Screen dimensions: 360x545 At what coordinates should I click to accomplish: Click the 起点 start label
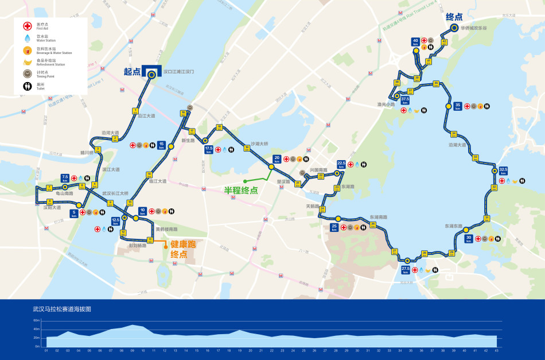(x=132, y=72)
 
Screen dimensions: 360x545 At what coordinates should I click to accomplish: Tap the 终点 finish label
(x=454, y=17)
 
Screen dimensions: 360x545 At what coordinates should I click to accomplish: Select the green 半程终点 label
(x=240, y=191)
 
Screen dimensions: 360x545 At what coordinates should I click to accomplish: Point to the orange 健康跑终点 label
(x=182, y=249)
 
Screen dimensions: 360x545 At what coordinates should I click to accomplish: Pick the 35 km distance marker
(x=457, y=106)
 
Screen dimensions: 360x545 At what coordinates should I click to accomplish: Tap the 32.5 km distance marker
(x=503, y=171)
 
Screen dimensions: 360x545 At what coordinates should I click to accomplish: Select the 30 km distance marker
(x=468, y=238)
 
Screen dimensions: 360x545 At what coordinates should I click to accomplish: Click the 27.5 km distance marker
(x=405, y=269)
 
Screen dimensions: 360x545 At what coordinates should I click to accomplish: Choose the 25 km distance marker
(x=334, y=227)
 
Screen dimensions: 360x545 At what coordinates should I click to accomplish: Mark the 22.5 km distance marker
(x=341, y=164)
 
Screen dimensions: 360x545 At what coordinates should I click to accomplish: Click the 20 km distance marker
(x=277, y=158)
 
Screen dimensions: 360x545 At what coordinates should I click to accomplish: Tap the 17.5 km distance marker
(x=209, y=150)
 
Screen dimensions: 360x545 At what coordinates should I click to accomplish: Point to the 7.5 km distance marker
(x=65, y=178)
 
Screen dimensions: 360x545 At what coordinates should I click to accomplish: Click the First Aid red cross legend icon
(x=26, y=26)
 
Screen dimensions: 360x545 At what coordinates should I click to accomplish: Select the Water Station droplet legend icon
(x=26, y=38)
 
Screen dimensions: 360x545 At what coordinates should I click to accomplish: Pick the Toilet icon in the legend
(x=26, y=86)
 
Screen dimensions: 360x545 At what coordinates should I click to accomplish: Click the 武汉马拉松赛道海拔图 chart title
(x=62, y=309)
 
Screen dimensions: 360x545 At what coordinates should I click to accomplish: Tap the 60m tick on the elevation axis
(x=36, y=320)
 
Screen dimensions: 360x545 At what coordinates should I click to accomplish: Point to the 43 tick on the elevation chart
(x=496, y=350)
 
